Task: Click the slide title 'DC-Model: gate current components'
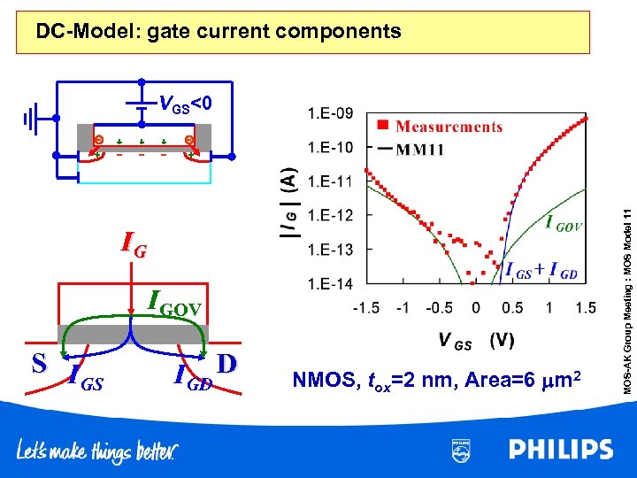coord(219,33)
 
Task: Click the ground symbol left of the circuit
coord(32,118)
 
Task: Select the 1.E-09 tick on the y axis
coord(329,113)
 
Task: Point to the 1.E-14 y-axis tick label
coord(329,284)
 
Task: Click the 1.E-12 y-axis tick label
coord(329,216)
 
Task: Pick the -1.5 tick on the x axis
coord(366,308)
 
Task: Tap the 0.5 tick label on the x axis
coord(513,308)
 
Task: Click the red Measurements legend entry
coord(442,127)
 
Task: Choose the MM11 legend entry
coord(415,149)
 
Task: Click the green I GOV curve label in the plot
coord(563,225)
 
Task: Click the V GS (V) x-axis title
coord(476,340)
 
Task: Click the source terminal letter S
coord(38,363)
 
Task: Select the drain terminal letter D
coord(225,363)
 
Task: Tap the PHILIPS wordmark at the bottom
coord(560,450)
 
